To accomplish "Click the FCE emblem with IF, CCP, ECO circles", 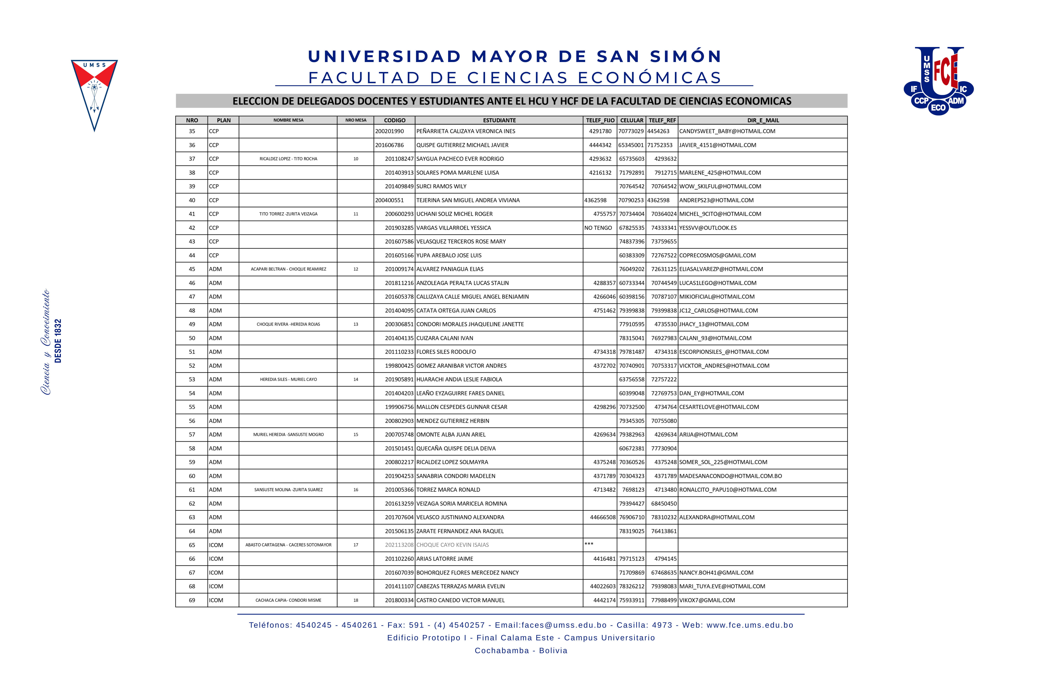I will pyautogui.click(x=938, y=81).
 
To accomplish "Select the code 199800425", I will pyautogui.click(x=399, y=366).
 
